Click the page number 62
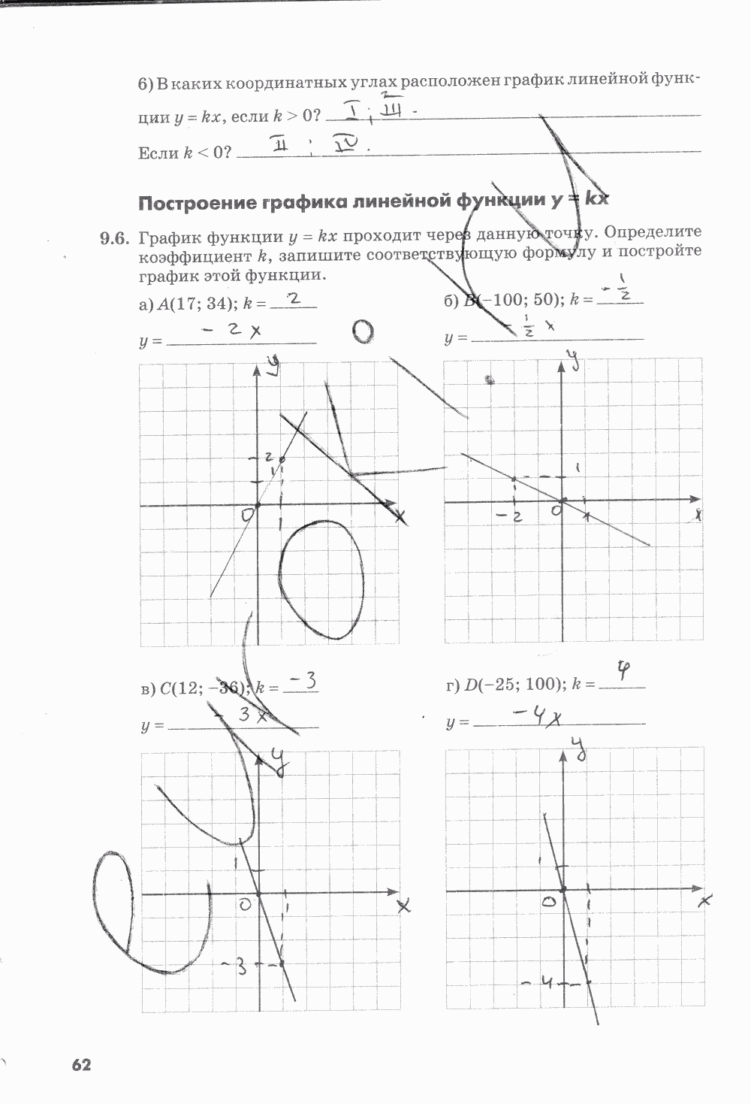81,1064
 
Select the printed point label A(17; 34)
193,304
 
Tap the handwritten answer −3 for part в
303,682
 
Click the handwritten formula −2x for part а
234,330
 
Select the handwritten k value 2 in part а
294,299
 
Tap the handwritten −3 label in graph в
234,966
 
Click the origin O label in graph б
556,510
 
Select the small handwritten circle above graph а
363,331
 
